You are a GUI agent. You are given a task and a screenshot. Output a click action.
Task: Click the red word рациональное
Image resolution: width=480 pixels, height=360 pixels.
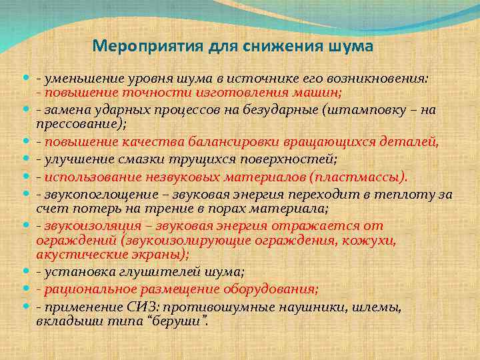(88, 289)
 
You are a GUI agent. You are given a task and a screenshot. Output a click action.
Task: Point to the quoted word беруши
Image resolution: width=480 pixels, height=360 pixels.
(184, 321)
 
